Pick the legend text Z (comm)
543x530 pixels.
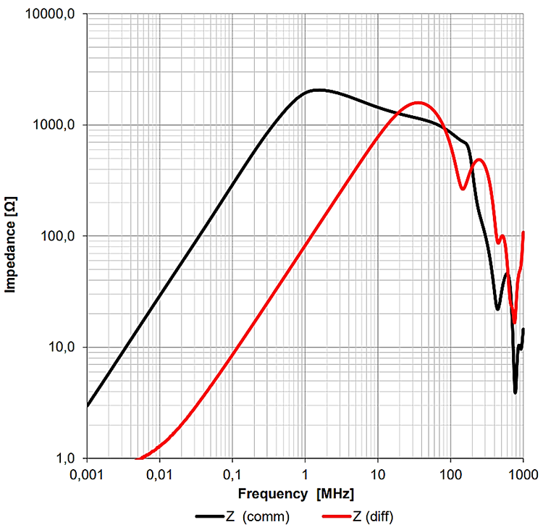259,516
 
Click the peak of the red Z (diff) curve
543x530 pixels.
418,102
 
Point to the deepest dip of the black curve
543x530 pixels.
515,392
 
